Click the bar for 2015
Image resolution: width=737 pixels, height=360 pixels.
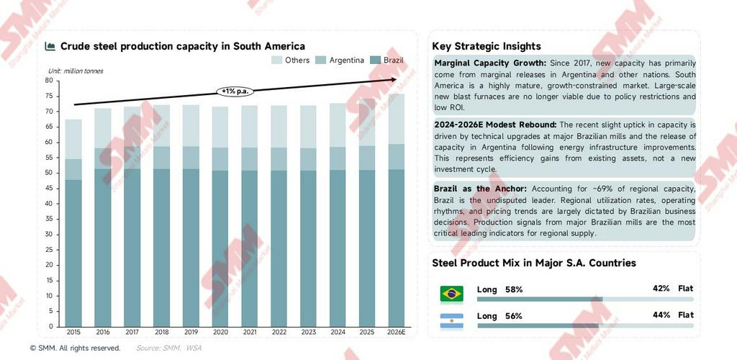(73, 223)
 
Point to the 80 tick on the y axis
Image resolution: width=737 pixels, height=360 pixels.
(50, 81)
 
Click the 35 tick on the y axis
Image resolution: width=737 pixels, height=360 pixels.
(50, 219)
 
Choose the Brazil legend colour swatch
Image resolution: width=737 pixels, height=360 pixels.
(374, 60)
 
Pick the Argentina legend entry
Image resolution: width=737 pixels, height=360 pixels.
(340, 60)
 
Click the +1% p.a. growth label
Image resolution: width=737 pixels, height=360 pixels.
(235, 91)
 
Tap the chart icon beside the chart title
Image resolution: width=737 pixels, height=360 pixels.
(50, 46)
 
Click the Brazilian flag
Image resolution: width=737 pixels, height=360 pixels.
(451, 293)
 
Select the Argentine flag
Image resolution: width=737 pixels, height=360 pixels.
(451, 320)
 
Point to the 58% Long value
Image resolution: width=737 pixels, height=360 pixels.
(514, 289)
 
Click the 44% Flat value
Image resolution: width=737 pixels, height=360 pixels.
(661, 315)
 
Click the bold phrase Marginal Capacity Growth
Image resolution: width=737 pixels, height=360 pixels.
(490, 63)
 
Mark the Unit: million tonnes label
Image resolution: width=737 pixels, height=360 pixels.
(76, 71)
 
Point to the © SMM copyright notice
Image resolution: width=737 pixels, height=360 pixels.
(75, 348)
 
